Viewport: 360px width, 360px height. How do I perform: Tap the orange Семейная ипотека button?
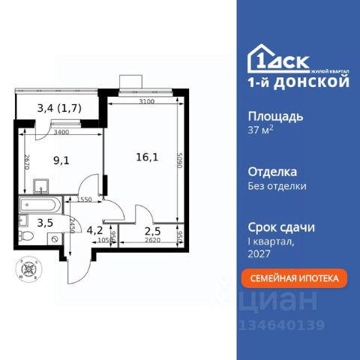point(294,277)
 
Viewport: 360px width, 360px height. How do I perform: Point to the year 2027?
point(259,253)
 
